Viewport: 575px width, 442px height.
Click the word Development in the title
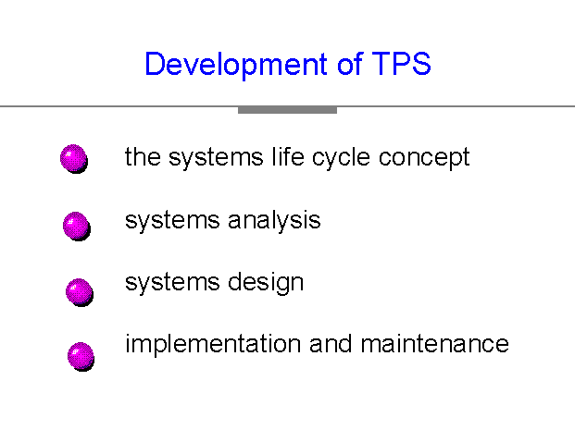point(236,65)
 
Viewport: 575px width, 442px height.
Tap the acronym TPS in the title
point(401,64)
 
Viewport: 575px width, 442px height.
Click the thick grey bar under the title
point(287,110)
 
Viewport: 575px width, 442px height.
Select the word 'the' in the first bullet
point(143,157)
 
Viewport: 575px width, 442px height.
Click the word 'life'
point(288,156)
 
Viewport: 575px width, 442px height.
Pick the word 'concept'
point(424,158)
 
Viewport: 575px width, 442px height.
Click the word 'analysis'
point(274,220)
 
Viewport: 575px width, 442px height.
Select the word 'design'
point(266,283)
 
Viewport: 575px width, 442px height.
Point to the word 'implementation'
point(213,345)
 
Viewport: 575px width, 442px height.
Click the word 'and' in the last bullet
point(331,343)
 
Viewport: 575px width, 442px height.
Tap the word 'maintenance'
point(434,343)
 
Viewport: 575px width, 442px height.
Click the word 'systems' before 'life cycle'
point(216,158)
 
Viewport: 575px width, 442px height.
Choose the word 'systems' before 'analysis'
point(172,221)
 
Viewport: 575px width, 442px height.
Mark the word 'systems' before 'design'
point(172,283)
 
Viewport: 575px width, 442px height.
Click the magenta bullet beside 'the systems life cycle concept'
point(74,158)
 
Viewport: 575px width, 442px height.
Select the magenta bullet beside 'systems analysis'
point(77,227)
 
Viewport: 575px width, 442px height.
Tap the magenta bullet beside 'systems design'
point(80,292)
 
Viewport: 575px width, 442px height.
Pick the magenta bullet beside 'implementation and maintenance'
point(81,357)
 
